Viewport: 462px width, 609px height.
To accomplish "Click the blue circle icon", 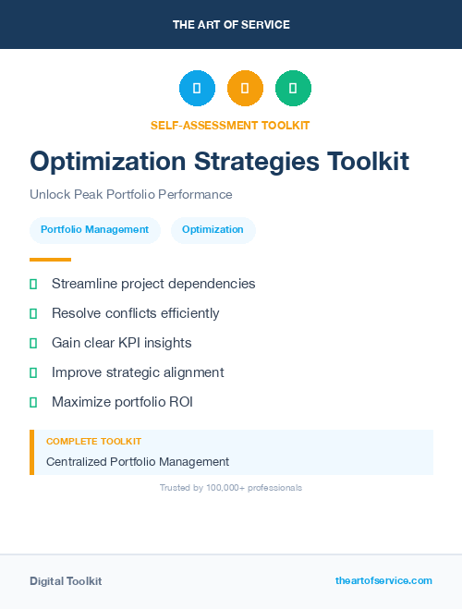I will pos(197,89).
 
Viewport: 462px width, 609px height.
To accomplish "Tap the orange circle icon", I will pos(245,89).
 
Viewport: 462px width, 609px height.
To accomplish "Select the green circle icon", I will pos(293,89).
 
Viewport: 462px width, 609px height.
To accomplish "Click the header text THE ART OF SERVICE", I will pos(231,25).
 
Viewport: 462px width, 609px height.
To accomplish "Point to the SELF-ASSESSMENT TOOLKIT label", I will pos(230,125).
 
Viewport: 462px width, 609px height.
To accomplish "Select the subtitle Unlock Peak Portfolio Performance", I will pos(131,195).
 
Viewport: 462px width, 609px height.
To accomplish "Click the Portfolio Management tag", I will pos(94,230).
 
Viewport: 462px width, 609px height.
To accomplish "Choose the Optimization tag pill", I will pos(213,230).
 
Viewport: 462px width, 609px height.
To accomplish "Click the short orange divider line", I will pos(50,260).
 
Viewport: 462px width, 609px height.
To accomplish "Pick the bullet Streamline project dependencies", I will pos(153,284).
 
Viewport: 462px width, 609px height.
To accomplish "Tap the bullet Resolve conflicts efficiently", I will pos(136,313).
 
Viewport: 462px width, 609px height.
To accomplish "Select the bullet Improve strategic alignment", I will pos(138,372).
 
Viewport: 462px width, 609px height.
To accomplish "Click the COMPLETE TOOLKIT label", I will pos(93,442).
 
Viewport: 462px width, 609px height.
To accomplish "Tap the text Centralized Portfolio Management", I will pos(138,462).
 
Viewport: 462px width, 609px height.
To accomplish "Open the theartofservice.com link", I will pos(383,580).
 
